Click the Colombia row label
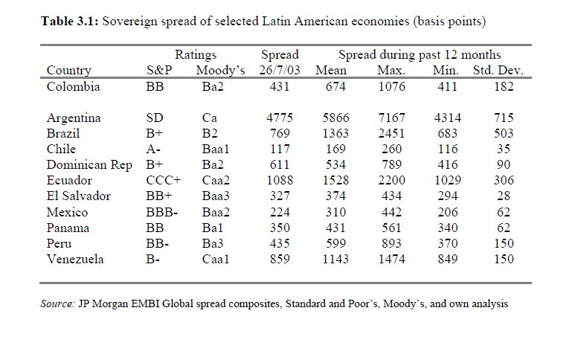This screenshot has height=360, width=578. coord(72,86)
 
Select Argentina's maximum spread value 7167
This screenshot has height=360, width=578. coord(391,118)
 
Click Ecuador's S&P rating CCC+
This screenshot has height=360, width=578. coord(164,181)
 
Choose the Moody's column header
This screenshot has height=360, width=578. coord(220,71)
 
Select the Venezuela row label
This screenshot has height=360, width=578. coord(75,260)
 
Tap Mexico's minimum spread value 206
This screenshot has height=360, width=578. coord(446,212)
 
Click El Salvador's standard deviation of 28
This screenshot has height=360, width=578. coord(504,196)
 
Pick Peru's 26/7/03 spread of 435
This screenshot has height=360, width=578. coord(280,244)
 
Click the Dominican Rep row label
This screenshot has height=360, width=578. coord(89,165)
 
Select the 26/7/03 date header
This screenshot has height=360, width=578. coord(280,71)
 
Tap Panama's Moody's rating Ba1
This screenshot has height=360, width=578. coord(214,228)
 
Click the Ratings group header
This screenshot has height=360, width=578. coord(196,55)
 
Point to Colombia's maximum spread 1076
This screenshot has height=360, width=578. coord(391,86)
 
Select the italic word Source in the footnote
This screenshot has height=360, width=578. coord(56,304)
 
